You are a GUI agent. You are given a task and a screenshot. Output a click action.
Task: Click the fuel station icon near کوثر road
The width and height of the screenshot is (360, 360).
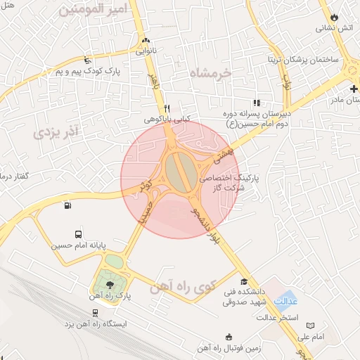tap(67, 206)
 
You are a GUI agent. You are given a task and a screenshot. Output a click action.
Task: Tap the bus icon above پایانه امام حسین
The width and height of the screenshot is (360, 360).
tap(77, 235)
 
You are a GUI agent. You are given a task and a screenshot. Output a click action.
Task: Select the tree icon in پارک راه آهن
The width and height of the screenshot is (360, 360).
tap(110, 285)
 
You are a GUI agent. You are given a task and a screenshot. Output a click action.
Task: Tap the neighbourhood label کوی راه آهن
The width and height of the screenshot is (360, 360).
tap(181, 287)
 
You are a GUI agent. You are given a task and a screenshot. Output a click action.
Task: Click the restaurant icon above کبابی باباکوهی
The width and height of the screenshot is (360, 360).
tap(167, 108)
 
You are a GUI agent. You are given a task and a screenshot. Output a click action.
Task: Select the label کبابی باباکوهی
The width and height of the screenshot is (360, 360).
tap(167, 120)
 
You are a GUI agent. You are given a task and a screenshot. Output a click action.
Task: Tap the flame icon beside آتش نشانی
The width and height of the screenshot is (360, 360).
tap(334, 17)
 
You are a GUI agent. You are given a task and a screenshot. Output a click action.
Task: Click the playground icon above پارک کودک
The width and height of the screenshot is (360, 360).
tap(86, 60)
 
